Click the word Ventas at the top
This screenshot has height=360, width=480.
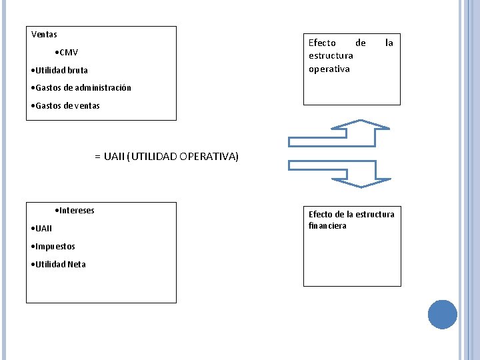tap(44, 34)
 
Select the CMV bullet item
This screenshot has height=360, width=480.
tap(67, 52)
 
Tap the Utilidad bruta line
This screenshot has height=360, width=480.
tap(61, 70)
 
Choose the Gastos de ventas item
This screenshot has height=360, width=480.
tap(67, 105)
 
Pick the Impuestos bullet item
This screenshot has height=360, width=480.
tap(55, 246)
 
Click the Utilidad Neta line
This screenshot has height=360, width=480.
tap(60, 264)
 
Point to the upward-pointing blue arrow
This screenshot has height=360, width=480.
tap(339, 133)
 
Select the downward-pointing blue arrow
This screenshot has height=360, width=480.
tap(339, 173)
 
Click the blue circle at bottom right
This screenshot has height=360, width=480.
tap(442, 314)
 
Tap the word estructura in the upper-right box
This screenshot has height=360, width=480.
tap(331, 55)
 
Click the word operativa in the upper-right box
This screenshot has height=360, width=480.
tap(329, 69)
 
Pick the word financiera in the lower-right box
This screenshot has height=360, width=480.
tap(327, 226)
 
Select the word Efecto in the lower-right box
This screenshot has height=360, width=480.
tap(321, 214)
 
